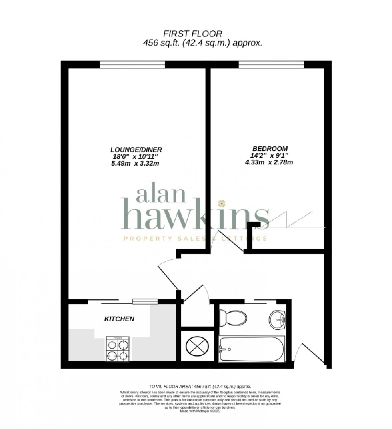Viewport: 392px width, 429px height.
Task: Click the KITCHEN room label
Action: pos(119,319)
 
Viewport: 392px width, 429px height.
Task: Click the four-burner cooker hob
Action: pos(118,349)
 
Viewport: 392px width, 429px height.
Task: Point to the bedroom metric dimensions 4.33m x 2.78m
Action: pos(269,162)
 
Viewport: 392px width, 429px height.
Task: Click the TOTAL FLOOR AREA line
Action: pos(200,386)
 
